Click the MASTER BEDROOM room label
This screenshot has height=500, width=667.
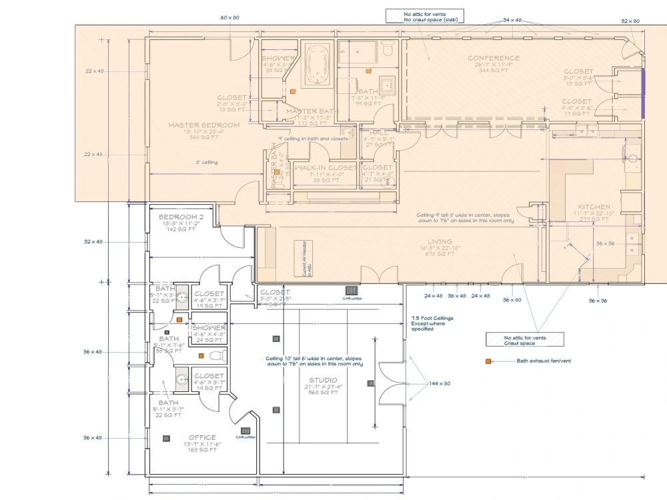pyautogui.click(x=203, y=125)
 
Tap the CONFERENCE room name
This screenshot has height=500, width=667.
pyautogui.click(x=493, y=58)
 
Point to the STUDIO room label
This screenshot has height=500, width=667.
pyautogui.click(x=323, y=380)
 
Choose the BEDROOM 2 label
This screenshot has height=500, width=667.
pyautogui.click(x=181, y=217)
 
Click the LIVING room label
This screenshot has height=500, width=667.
pyautogui.click(x=440, y=241)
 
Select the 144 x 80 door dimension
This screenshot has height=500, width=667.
pyautogui.click(x=440, y=383)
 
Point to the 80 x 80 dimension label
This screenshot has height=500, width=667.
pyautogui.click(x=230, y=17)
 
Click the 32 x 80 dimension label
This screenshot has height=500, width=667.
pyautogui.click(x=630, y=21)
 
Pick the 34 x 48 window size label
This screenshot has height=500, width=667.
pyautogui.click(x=513, y=21)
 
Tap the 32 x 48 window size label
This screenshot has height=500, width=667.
pyautogui.click(x=93, y=241)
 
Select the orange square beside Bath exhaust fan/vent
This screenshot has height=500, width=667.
pyautogui.click(x=489, y=361)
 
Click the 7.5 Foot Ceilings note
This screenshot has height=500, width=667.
pyautogui.click(x=432, y=323)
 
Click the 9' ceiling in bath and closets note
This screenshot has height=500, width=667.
pyautogui.click(x=313, y=139)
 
